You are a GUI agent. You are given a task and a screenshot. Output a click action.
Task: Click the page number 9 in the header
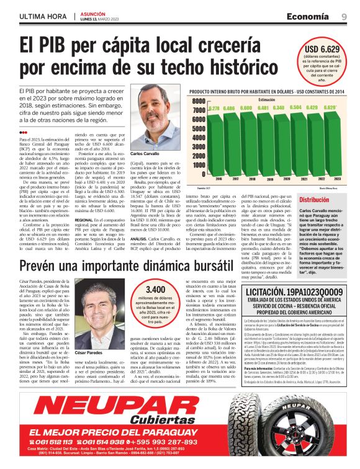[x=344, y=17]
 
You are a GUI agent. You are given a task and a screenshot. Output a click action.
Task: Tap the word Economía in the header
[x=308, y=17]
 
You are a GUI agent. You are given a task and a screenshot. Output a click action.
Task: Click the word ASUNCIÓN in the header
[x=93, y=13]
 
